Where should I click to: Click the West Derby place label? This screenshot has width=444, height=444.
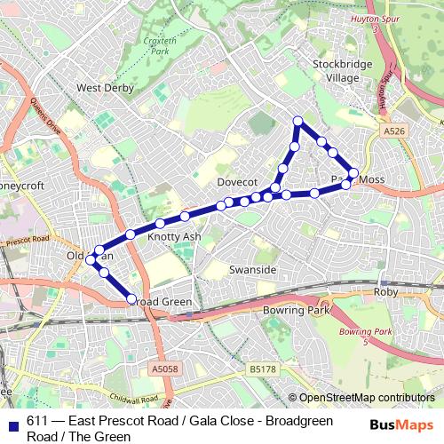[105, 88]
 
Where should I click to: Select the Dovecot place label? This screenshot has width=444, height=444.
[236, 181]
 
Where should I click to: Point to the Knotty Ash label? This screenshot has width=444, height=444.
[174, 237]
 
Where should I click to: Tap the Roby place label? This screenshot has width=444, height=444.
[385, 291]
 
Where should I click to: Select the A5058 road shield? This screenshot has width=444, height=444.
[164, 367]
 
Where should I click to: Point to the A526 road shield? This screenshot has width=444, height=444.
[394, 131]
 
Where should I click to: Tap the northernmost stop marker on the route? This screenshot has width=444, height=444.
[298, 121]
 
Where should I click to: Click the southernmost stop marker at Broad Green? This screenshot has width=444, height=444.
[132, 299]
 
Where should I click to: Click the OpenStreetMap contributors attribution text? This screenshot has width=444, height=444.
[367, 398]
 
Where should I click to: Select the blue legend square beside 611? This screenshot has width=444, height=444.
[12, 423]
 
